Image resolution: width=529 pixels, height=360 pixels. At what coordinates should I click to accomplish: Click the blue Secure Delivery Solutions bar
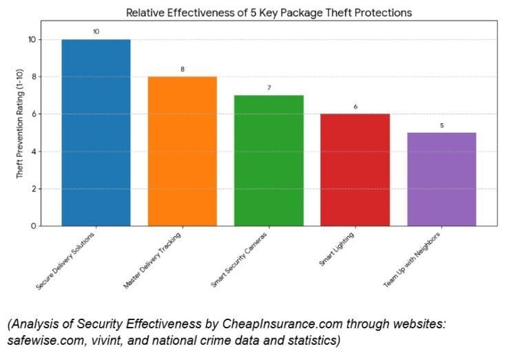coord(96,132)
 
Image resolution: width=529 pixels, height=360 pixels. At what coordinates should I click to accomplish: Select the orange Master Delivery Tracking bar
coord(183,151)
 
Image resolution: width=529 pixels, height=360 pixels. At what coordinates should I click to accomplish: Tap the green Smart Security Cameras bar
coord(269,160)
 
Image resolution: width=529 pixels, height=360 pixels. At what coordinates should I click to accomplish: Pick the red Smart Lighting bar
coord(355,169)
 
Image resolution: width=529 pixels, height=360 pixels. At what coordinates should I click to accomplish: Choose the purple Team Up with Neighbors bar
coord(442,179)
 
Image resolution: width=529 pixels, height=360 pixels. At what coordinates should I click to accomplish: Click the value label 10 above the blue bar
coord(96,32)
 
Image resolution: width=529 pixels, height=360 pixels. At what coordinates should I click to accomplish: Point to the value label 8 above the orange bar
coord(183,69)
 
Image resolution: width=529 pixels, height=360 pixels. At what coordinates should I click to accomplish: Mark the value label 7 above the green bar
coord(269,87)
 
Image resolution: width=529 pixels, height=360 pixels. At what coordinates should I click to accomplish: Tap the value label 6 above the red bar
coord(355,106)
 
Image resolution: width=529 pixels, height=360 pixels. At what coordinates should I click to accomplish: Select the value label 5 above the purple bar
coord(442,125)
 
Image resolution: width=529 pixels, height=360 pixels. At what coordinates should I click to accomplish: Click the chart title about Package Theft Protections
coord(269,12)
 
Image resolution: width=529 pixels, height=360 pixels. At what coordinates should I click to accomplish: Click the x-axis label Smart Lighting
coord(338,249)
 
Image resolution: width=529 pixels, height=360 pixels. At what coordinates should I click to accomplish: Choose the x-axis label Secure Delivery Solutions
coord(65,261)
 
